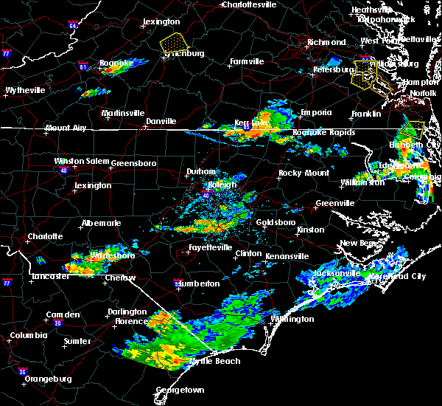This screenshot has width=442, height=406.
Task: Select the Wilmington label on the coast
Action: coord(293,319)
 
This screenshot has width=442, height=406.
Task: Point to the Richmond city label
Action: coord(326,42)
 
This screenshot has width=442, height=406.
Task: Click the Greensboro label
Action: coord(133,162)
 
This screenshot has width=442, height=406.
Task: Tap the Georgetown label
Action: coord(180,389)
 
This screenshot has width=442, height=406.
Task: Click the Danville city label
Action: coord(161,120)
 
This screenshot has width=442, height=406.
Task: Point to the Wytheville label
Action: coord(25,90)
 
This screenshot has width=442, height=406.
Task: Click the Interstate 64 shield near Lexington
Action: coord(73,25)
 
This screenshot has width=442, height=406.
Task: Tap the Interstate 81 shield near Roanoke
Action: coord(83,66)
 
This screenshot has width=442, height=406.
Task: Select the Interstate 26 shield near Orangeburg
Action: coord(23,371)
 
